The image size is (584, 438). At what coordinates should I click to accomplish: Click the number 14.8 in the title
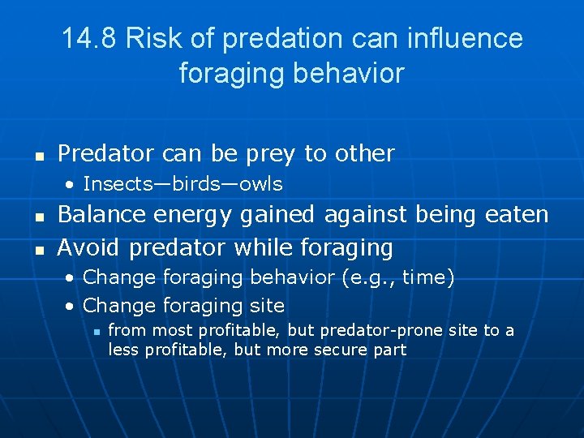coord(92,38)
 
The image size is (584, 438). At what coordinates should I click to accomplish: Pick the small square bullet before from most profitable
coord(96,331)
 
